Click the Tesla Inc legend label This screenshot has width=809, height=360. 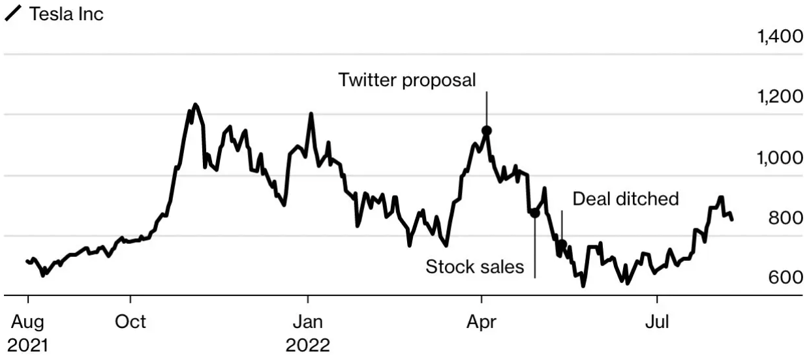pos(67,14)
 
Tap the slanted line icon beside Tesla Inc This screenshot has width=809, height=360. pos(12,14)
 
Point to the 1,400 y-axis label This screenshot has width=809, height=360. pos(780,37)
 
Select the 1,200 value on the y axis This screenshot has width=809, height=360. pos(780,97)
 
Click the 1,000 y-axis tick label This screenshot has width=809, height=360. pos(780,158)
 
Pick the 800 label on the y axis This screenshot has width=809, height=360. pos(786,218)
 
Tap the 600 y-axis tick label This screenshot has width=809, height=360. pos(786,278)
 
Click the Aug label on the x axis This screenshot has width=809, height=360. pos(27,322)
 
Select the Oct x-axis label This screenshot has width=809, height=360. pos(130,322)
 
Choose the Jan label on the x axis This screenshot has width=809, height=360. pos(308,322)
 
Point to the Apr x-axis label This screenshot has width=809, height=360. pos(481,322)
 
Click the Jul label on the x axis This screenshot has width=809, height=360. pos(657,322)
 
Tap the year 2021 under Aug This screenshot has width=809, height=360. pos(28,346)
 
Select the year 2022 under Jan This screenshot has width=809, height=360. pos(308,346)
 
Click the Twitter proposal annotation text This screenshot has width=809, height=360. pos(407,80)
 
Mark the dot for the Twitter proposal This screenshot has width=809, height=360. pos(487,130)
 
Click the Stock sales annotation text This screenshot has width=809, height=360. pos(474,267)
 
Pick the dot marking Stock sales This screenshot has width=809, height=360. pos(535,213)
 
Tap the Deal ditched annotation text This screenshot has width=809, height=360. pos(626,199)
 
